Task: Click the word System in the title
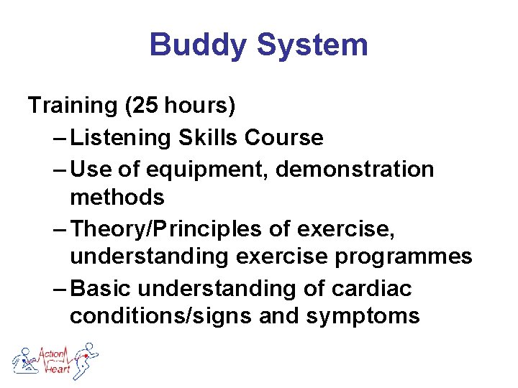[312, 45]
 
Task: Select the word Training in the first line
[73, 106]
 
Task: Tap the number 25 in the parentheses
[146, 106]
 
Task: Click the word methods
[117, 196]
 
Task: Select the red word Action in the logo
[51, 354]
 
